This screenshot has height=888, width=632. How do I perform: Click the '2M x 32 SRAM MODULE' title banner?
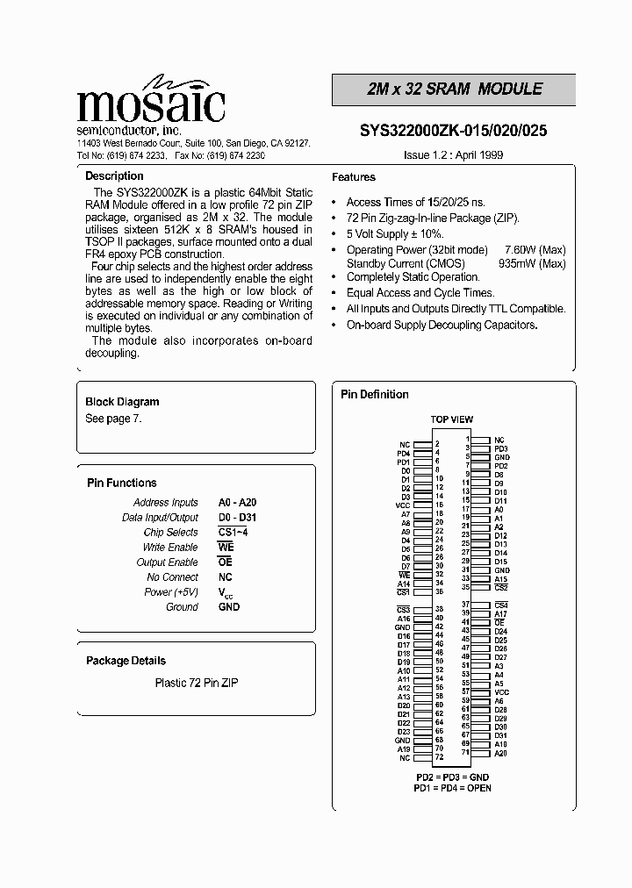click(x=454, y=90)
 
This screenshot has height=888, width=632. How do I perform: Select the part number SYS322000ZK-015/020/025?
click(x=453, y=131)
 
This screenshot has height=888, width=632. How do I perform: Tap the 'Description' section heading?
click(x=114, y=176)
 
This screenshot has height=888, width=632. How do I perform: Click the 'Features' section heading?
click(x=354, y=177)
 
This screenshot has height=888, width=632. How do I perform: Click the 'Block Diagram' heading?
click(x=122, y=402)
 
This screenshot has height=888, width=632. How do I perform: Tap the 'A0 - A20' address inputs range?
click(x=237, y=503)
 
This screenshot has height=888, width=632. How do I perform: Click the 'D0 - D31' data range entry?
click(x=237, y=518)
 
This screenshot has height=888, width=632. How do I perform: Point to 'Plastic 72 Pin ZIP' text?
click(x=197, y=683)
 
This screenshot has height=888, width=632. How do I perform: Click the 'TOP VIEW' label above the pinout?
click(x=451, y=419)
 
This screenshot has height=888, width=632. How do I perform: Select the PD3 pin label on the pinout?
click(x=500, y=448)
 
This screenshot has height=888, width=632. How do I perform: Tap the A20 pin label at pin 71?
click(x=500, y=753)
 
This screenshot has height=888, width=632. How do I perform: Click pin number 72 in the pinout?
click(x=439, y=757)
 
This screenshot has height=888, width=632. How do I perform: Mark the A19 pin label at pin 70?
click(x=403, y=749)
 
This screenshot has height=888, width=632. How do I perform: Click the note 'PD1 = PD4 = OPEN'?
click(x=452, y=788)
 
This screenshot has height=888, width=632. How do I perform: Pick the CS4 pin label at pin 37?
click(x=500, y=605)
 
